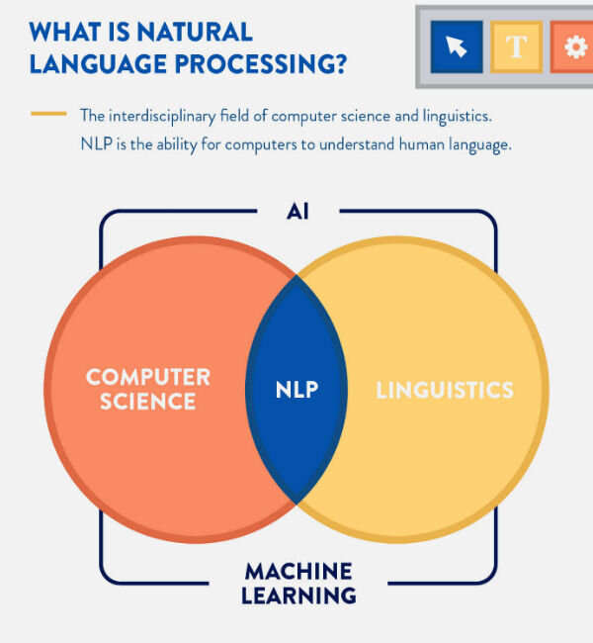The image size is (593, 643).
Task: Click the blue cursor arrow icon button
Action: (456, 46)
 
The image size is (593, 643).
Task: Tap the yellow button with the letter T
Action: (515, 46)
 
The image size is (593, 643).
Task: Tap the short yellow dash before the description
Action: (48, 114)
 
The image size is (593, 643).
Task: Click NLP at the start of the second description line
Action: (96, 143)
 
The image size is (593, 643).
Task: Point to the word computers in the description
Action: (258, 143)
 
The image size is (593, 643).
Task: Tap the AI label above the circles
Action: (297, 212)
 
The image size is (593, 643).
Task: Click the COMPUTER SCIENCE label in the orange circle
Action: (147, 389)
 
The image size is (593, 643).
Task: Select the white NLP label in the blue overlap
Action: (296, 389)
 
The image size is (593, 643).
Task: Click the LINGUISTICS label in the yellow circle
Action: (445, 390)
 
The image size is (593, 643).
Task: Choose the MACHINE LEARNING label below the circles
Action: (297, 584)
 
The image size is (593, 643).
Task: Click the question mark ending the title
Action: (339, 64)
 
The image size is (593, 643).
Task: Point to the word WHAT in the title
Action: (60, 31)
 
